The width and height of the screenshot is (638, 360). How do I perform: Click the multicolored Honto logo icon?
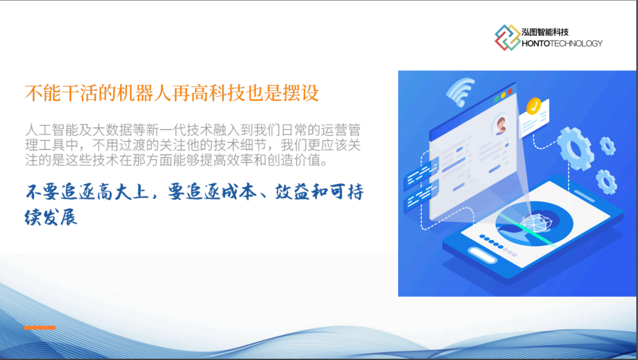point(507,37)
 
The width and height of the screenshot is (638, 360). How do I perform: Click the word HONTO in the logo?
point(535,44)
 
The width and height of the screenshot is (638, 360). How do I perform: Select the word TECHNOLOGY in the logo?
point(576,44)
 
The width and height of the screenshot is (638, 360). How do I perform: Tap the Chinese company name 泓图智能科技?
point(545,32)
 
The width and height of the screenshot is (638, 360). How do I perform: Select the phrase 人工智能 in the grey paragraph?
point(51,130)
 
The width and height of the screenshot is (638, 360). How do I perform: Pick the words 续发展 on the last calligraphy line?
point(51,217)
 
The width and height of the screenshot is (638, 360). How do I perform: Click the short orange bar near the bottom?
point(40,327)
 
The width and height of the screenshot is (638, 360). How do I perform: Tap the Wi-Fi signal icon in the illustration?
point(460,91)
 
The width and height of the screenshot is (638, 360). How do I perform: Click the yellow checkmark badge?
point(533,106)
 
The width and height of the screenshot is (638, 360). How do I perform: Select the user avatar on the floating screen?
point(500,124)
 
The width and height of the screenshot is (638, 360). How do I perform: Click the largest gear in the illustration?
point(575,148)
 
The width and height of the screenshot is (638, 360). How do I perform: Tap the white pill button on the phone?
point(482,255)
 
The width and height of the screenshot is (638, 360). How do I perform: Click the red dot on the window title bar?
point(510,91)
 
